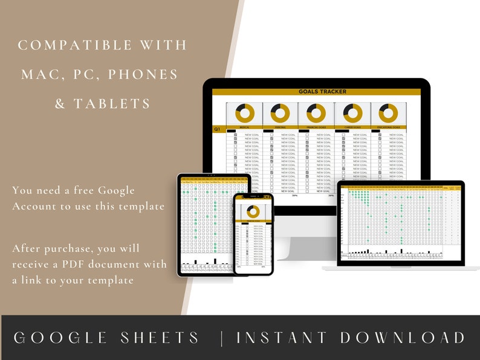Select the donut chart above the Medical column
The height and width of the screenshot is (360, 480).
pos(244,113)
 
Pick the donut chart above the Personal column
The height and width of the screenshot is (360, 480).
pos(280,113)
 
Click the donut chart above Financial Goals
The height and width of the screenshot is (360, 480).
pos(316,113)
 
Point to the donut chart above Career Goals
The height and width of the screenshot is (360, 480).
pos(352,113)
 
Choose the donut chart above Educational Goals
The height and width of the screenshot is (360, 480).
pos(388,113)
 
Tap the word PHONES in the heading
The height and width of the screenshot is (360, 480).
pos(148,74)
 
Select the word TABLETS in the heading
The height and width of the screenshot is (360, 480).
pos(112,103)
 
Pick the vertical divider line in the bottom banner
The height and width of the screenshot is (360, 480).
pos(222,338)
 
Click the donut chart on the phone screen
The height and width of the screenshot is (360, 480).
pos(253,211)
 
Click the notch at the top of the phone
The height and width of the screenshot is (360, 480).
pos(253,196)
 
